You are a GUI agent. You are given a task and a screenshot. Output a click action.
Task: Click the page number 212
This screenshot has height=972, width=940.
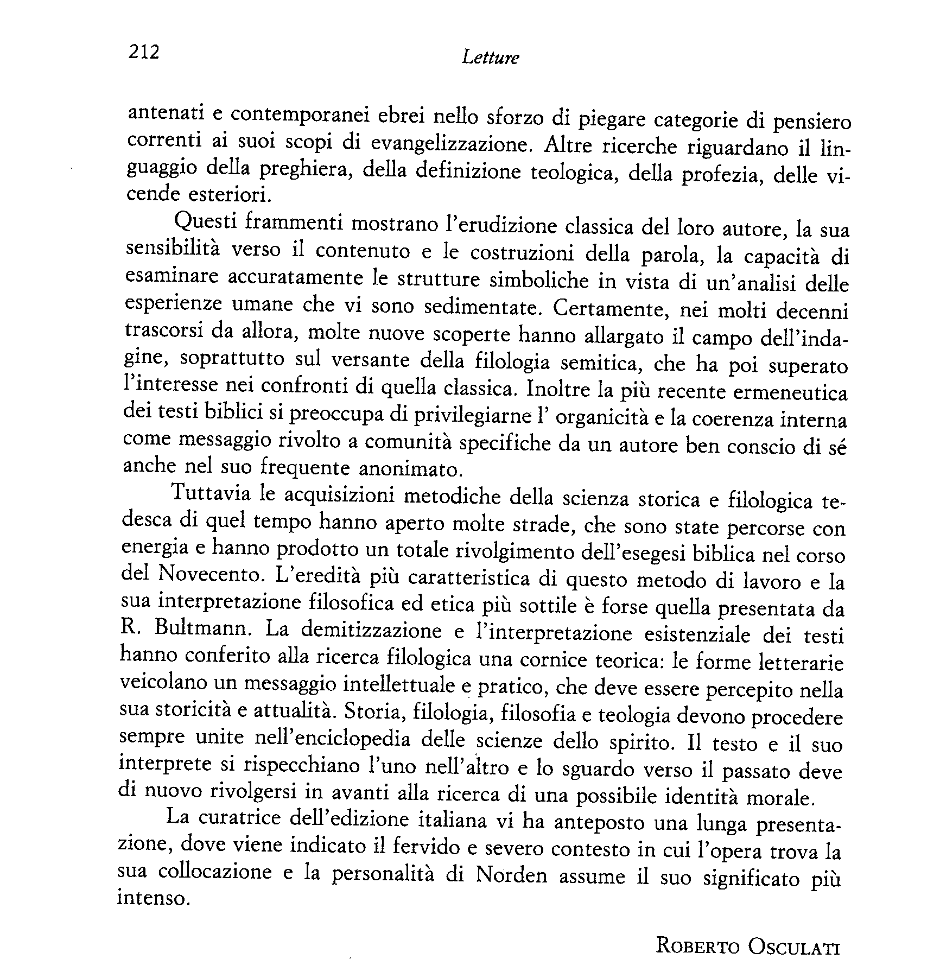click(144, 52)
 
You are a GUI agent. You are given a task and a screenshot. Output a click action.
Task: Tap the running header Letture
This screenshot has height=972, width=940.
click(490, 58)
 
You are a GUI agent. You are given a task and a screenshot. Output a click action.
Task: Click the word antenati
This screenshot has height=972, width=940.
click(161, 113)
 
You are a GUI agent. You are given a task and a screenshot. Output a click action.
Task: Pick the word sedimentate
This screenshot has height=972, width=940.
click(482, 308)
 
